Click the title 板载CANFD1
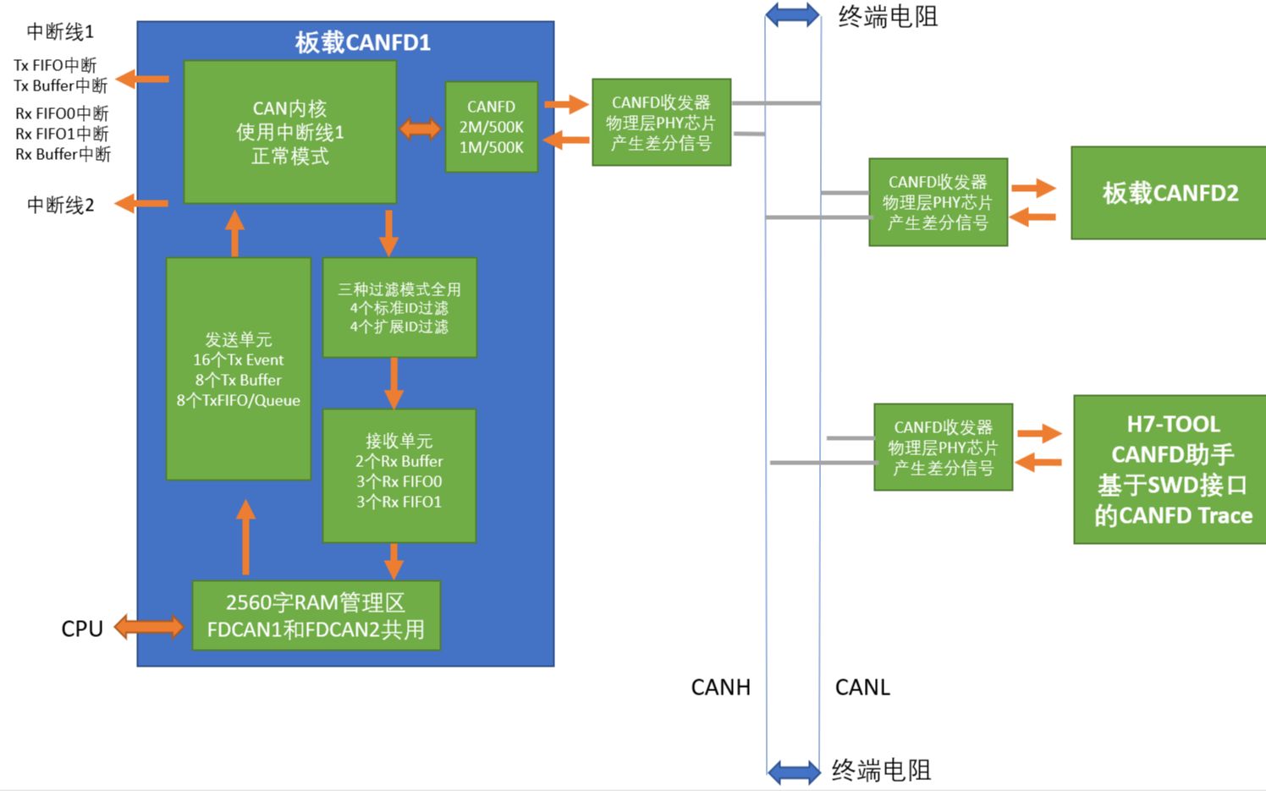click(362, 42)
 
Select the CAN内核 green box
click(289, 132)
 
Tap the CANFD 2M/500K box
click(491, 127)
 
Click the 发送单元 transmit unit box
click(238, 369)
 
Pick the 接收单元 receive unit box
click(399, 475)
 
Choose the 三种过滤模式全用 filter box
click(399, 307)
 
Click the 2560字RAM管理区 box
click(316, 615)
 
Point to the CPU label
click(81, 629)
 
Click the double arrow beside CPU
click(149, 627)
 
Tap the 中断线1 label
click(60, 31)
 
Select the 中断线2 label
click(60, 205)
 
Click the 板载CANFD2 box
click(1169, 193)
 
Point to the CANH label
click(720, 687)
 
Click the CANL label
click(862, 687)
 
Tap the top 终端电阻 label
click(888, 17)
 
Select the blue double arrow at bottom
click(794, 771)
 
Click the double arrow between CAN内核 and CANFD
click(420, 129)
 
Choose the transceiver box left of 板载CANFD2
click(938, 202)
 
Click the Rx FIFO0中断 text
click(62, 113)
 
